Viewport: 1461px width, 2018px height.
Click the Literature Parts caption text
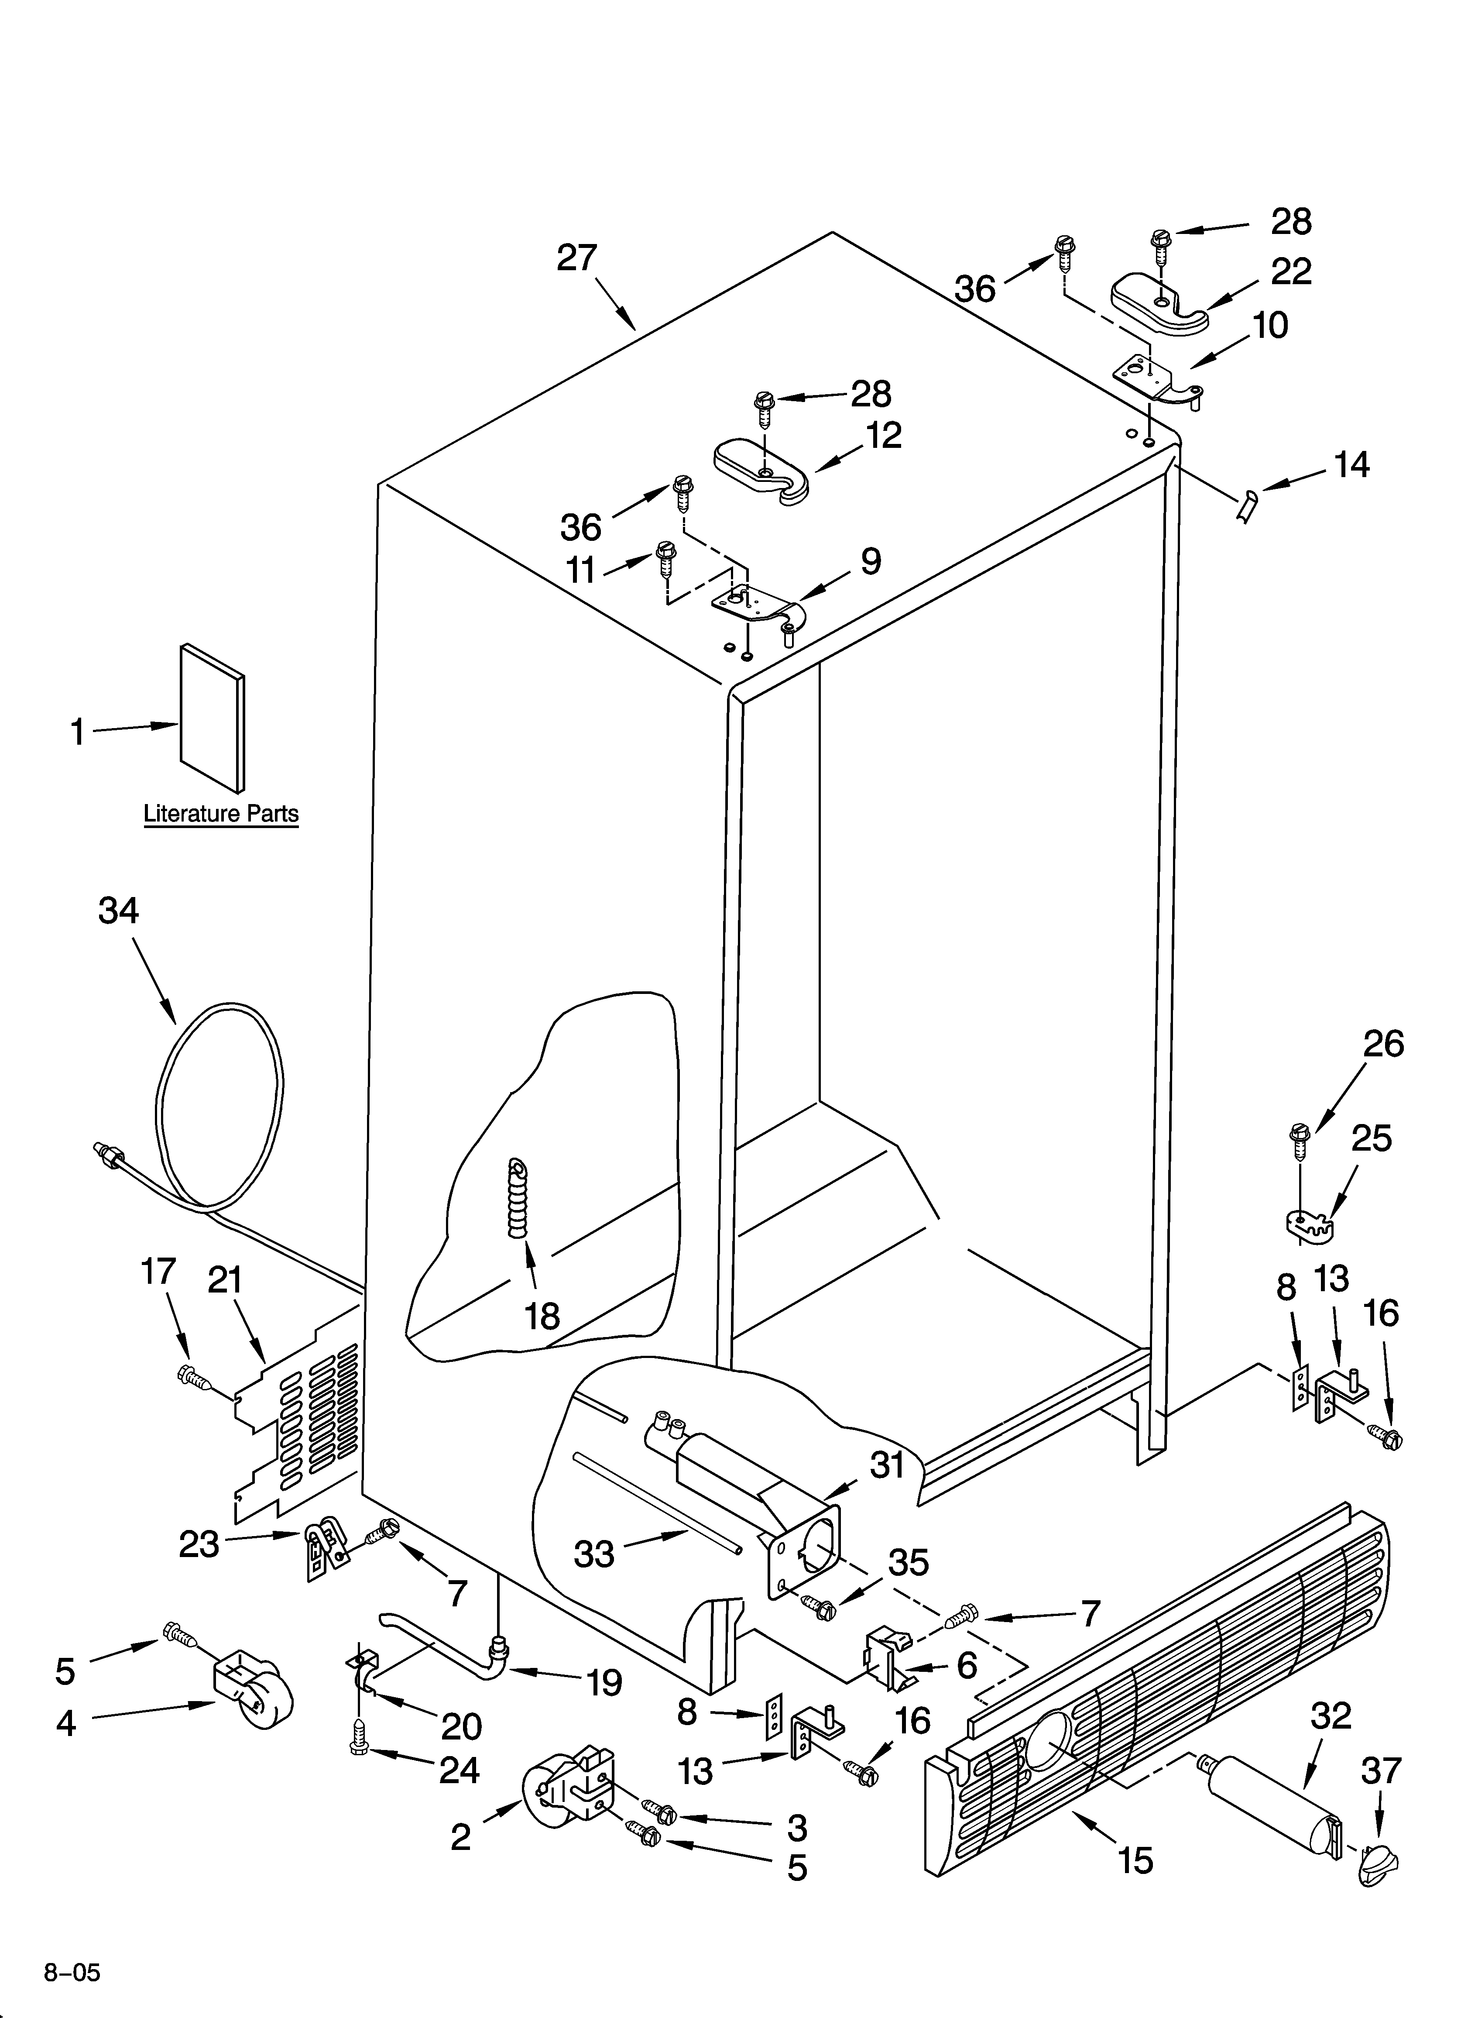[x=221, y=813]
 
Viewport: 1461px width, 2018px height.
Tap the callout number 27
[x=576, y=258]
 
